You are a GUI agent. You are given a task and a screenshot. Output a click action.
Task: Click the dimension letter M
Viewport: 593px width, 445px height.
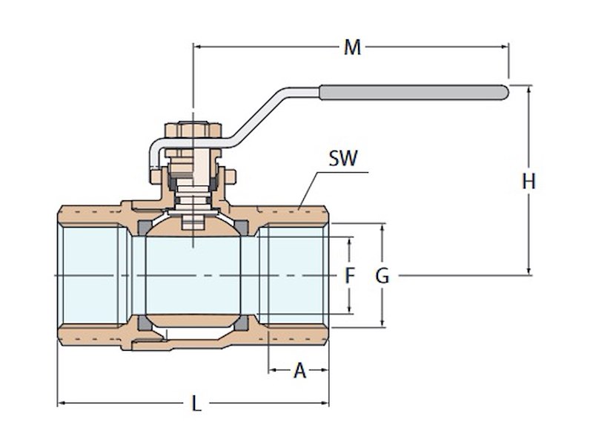[352, 47]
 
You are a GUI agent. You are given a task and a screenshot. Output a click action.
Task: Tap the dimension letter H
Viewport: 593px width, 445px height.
[529, 181]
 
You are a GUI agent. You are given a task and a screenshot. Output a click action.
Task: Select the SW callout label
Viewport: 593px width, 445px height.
[343, 158]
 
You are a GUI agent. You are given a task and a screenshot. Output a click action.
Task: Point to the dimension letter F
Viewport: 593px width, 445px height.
[351, 276]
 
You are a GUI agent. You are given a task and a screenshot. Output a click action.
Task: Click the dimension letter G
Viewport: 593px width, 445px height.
[382, 276]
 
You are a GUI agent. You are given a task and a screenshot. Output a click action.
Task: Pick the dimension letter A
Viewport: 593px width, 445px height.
[299, 370]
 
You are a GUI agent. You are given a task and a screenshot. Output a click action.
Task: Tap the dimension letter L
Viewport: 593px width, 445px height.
[196, 404]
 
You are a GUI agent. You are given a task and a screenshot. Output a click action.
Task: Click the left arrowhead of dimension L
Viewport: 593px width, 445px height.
[62, 403]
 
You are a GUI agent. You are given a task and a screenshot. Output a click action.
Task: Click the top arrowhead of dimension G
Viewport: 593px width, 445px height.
[382, 227]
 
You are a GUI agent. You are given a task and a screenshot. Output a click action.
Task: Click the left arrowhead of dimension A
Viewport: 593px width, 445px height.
[272, 369]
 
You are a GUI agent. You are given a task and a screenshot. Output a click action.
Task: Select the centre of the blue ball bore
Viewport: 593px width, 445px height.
[193, 276]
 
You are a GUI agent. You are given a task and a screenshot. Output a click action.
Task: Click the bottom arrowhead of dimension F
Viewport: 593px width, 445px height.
[351, 310]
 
